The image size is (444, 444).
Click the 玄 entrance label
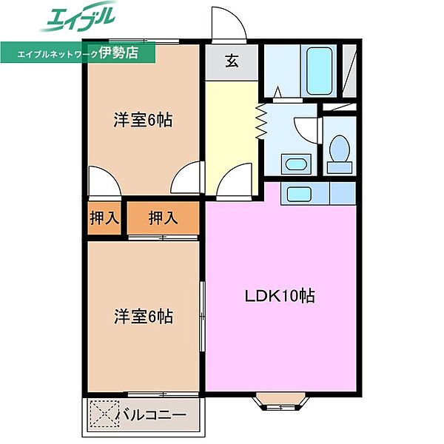point(232,62)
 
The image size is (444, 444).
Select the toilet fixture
point(340,151)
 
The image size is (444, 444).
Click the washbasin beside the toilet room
point(297,164)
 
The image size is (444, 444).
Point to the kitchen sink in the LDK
point(300,194)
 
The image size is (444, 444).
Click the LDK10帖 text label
point(280,296)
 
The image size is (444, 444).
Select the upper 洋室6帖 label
point(143,120)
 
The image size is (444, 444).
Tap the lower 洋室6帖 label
point(143,317)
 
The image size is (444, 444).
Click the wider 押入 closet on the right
point(163,218)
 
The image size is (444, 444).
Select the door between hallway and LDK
point(235,182)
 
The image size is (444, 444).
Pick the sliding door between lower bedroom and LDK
point(202,317)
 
